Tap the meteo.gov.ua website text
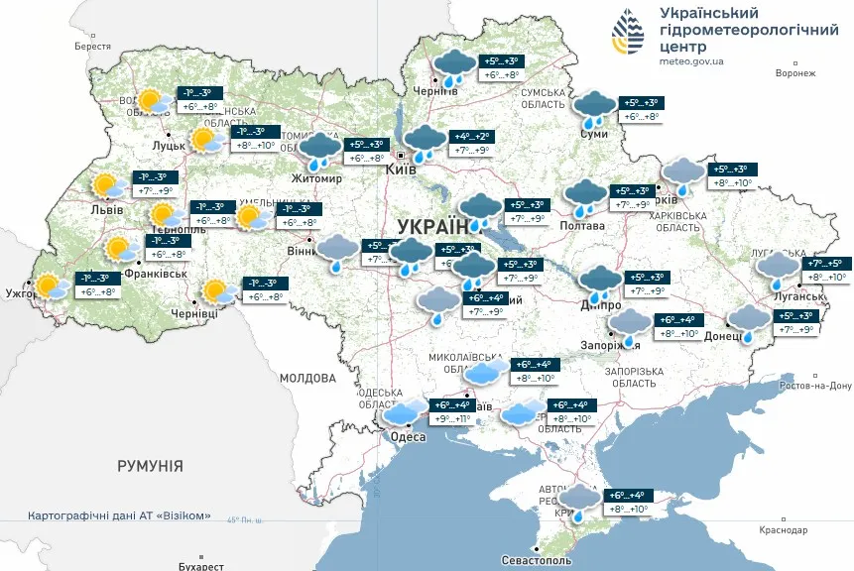pyautogui.click(x=691, y=60)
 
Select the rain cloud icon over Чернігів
pyautogui.click(x=454, y=68)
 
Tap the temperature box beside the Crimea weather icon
pyautogui.click(x=626, y=502)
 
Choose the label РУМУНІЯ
pyautogui.click(x=151, y=465)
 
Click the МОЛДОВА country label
pyautogui.click(x=307, y=378)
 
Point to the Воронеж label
pyautogui.click(x=794, y=73)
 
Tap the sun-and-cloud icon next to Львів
pyautogui.click(x=106, y=187)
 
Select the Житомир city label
pyautogui.click(x=317, y=179)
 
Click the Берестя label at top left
pyautogui.click(x=92, y=47)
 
